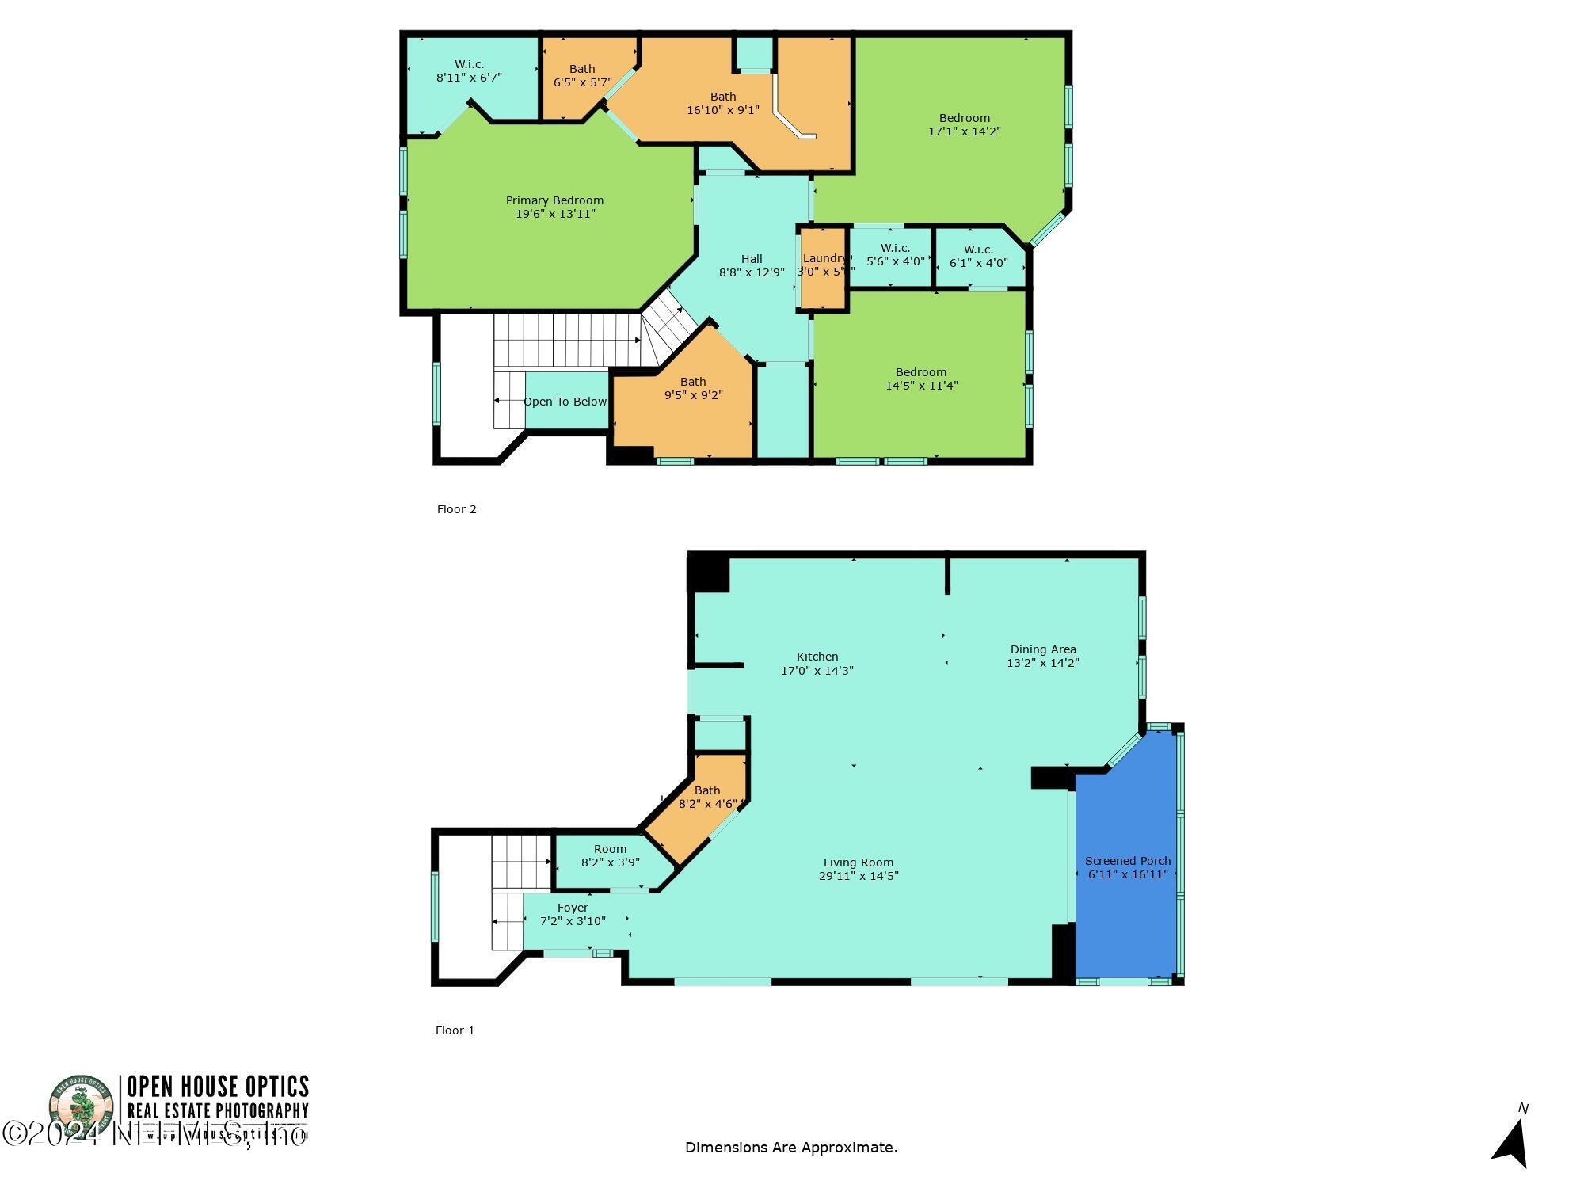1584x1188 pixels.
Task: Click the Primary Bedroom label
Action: point(554,200)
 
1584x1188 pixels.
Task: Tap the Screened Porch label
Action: point(1127,861)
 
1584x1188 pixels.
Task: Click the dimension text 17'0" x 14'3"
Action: point(817,671)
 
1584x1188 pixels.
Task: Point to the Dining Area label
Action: point(1043,649)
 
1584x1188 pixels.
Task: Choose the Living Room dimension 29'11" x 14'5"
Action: point(859,876)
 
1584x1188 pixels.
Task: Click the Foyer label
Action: point(573,908)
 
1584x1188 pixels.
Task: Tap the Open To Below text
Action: point(565,402)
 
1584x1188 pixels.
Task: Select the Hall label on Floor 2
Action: point(752,259)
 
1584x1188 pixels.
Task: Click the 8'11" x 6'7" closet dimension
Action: point(469,78)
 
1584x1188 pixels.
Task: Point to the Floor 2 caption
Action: point(457,509)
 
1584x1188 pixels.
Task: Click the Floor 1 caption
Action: point(455,1030)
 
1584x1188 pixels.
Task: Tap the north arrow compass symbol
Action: point(1513,1140)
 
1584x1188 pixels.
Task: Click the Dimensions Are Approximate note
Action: point(791,1147)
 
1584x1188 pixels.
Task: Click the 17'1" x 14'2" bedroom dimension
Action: point(965,131)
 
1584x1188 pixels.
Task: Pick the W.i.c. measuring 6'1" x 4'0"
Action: point(979,256)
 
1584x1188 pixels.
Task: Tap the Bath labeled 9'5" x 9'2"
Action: point(693,388)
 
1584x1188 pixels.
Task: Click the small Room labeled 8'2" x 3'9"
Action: point(610,855)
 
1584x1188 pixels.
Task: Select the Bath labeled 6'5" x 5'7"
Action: point(582,75)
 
